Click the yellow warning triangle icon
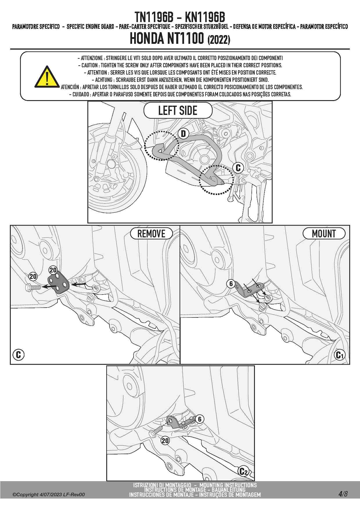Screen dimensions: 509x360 point(47,77)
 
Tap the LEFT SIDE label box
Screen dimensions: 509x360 point(178,111)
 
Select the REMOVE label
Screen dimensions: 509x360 point(151,234)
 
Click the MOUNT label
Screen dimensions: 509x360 point(324,234)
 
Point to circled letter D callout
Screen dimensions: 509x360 point(183,133)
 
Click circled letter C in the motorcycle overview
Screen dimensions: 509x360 point(238,167)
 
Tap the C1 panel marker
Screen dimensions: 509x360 point(339,355)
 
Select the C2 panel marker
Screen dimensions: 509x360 point(244,472)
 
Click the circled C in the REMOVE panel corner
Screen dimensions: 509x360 point(18,355)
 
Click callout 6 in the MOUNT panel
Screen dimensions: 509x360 point(231,284)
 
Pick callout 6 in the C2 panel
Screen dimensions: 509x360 point(200,419)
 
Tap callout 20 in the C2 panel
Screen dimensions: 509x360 point(165,441)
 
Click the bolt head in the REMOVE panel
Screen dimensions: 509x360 point(28,288)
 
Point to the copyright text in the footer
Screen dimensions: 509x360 point(48,494)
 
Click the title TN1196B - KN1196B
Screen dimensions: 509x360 point(180,17)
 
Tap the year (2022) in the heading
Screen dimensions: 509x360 point(219,40)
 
